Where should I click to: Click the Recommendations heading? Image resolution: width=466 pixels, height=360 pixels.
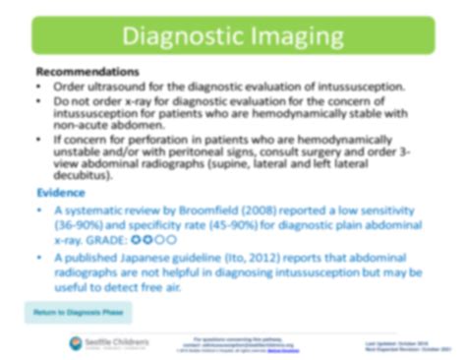pyautogui.click(x=87, y=73)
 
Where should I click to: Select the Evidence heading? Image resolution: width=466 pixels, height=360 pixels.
pyautogui.click(x=61, y=192)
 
